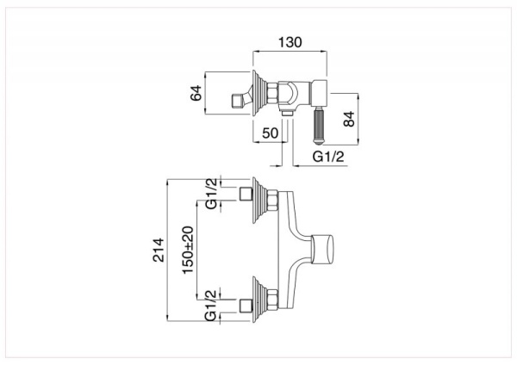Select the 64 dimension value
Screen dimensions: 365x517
click(x=197, y=92)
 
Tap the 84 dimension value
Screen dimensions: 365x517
click(x=349, y=118)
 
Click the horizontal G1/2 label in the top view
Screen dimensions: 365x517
click(x=327, y=157)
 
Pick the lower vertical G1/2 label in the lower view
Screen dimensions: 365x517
click(x=212, y=308)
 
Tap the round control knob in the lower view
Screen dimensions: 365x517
click(x=327, y=247)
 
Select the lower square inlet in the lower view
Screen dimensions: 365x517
click(x=244, y=303)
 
